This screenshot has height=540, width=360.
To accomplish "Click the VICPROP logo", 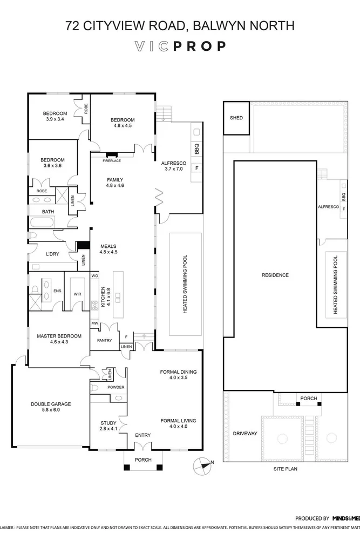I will point(180,46).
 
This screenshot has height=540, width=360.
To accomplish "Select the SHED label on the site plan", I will point(236,118).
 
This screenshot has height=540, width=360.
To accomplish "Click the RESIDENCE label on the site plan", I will point(275,275).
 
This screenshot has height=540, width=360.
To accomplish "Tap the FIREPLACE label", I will point(112,161).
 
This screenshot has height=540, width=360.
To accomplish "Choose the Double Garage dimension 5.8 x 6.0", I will point(50,410).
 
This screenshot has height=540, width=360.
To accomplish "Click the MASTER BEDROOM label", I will point(59,336).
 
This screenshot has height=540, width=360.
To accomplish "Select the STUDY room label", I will point(108,423).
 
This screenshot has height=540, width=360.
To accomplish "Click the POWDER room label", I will point(116,388).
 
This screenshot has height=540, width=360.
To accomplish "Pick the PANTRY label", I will point(104,341).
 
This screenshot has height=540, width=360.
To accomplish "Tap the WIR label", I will point(77,295).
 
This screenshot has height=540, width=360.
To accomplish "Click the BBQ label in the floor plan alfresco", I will point(196,146).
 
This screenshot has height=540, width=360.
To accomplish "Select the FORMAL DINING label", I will point(178,372).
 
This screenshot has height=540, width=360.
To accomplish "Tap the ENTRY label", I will point(142,435).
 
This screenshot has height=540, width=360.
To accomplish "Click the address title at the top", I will point(180,25).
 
